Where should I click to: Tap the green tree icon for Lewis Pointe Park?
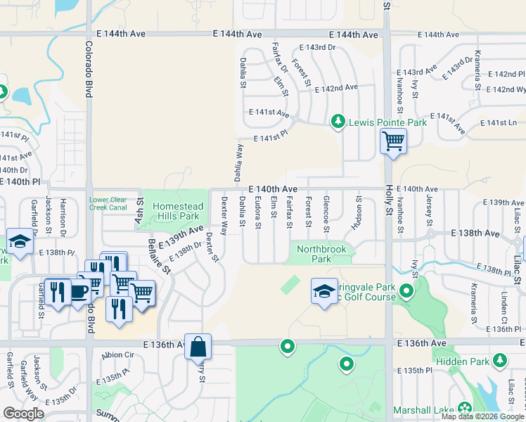point(338,122)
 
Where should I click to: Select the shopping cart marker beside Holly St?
point(393,141)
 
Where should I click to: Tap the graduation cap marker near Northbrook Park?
point(323,291)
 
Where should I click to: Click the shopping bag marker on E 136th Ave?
point(198,347)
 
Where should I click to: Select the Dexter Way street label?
point(224,215)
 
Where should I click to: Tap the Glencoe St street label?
point(326,214)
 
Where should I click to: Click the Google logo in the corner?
point(23,414)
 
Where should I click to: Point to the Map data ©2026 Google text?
point(482,416)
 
